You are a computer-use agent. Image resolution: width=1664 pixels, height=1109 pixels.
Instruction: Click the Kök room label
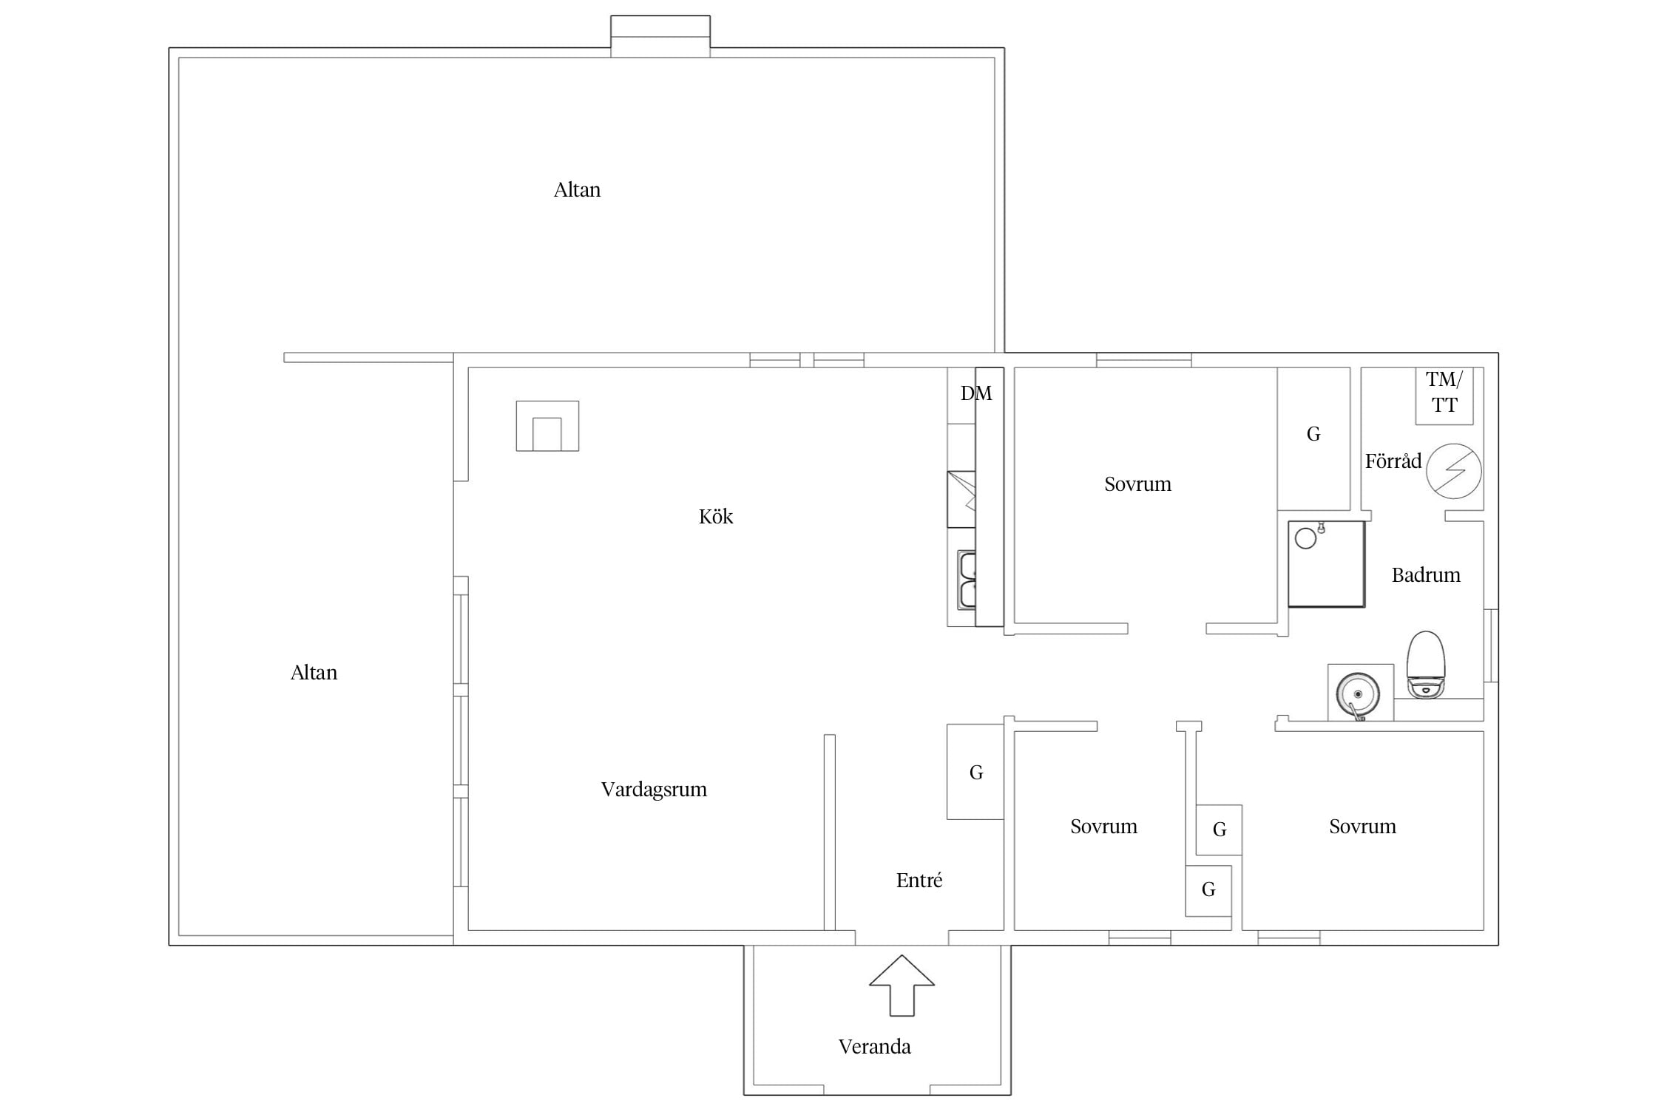pyautogui.click(x=715, y=516)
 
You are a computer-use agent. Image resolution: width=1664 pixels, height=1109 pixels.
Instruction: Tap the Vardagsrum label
pyautogui.click(x=654, y=790)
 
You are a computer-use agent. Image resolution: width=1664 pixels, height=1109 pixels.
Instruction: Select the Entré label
pyautogui.click(x=919, y=880)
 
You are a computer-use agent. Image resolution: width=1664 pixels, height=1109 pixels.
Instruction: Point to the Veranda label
pyautogui.click(x=874, y=1046)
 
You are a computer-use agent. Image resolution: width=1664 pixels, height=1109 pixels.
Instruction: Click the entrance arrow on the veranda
pyautogui.click(x=902, y=986)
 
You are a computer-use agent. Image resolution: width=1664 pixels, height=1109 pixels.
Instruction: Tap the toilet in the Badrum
pyautogui.click(x=1425, y=665)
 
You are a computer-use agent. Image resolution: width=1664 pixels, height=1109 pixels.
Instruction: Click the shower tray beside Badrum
pyautogui.click(x=1327, y=564)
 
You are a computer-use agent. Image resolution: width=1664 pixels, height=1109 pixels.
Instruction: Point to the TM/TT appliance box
pyautogui.click(x=1444, y=396)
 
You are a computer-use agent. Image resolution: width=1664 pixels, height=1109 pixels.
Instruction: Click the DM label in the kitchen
pyautogui.click(x=975, y=393)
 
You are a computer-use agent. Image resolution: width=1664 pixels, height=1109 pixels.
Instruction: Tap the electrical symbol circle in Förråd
pyautogui.click(x=1453, y=470)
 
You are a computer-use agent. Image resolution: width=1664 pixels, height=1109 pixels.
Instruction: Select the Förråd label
pyautogui.click(x=1393, y=461)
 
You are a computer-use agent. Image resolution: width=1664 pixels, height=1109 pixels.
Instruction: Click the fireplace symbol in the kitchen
pyautogui.click(x=547, y=426)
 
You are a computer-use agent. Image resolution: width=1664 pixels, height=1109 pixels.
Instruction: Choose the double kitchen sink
pyautogui.click(x=967, y=580)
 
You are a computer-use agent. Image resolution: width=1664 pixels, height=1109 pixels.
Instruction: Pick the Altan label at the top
pyautogui.click(x=577, y=190)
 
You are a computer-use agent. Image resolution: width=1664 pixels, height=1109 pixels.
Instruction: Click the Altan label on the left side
pyautogui.click(x=314, y=672)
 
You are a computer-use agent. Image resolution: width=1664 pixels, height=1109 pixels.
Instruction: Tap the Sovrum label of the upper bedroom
pyautogui.click(x=1137, y=484)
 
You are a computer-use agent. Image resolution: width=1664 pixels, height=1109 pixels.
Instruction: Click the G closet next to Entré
pyautogui.click(x=975, y=772)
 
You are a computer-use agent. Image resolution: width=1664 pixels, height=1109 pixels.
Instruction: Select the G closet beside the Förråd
pyautogui.click(x=1313, y=438)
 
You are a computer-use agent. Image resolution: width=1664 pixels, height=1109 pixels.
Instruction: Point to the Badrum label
pyautogui.click(x=1426, y=575)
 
